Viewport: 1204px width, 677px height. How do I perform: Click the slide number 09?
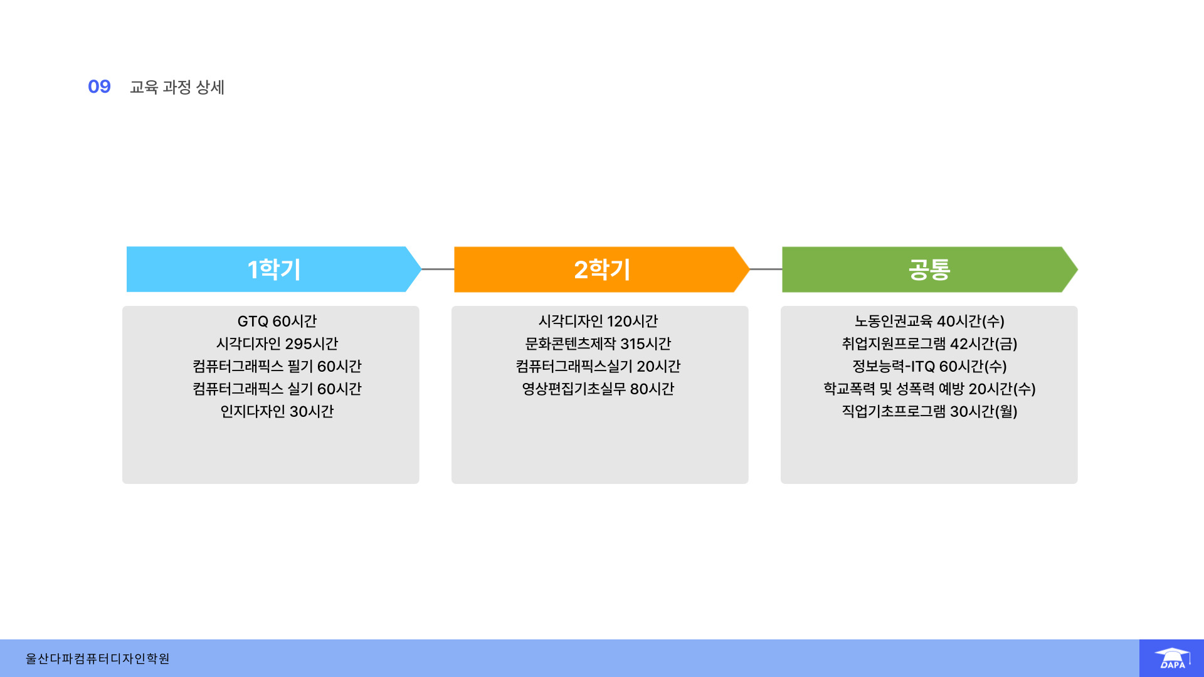pos(99,87)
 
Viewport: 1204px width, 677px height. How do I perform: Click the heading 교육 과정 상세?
pos(177,87)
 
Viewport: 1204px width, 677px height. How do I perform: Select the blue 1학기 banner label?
pos(274,270)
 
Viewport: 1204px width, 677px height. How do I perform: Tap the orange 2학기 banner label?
pos(602,270)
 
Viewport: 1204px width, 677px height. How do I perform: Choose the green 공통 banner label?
pos(929,270)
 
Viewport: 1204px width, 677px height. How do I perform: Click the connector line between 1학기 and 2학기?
pos(438,269)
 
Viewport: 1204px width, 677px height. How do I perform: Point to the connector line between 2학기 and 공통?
pos(766,269)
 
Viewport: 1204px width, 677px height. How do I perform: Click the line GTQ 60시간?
pos(277,322)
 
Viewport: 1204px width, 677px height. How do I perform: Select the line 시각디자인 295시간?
pos(277,344)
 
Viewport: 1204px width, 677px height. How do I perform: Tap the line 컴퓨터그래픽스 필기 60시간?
pos(277,367)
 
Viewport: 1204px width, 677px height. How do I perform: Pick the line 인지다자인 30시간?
pos(277,412)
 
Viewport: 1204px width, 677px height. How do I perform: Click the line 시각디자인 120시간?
pos(598,322)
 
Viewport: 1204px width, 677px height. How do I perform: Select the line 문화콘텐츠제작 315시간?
pos(598,344)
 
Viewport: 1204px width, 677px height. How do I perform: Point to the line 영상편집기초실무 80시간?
pos(598,389)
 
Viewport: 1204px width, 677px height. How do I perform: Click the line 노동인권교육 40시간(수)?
pos(929,322)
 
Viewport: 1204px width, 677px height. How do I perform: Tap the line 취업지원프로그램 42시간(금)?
pos(929,344)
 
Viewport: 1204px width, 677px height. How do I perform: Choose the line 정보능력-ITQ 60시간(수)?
pos(929,367)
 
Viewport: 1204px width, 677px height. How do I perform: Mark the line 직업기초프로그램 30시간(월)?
pos(929,412)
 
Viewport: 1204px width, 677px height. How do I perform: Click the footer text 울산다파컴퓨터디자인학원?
pos(97,659)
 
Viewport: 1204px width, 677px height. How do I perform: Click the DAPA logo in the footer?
pos(1171,658)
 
